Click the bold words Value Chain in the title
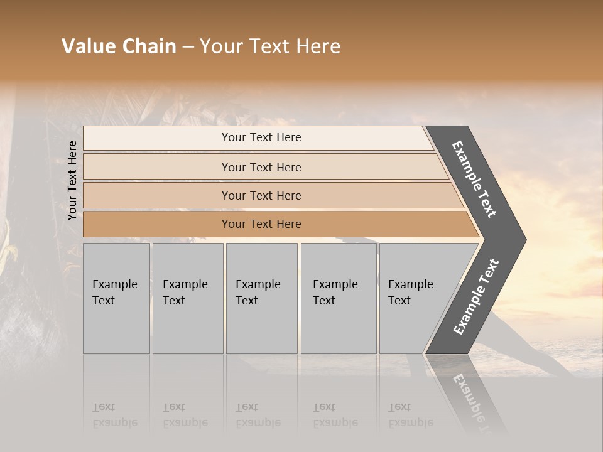tap(119, 46)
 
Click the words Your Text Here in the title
tap(270, 46)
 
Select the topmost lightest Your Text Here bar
tap(261, 137)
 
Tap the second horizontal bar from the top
tap(261, 167)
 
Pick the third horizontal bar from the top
tap(261, 195)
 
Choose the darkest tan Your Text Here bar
tap(261, 224)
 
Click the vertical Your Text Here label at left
tap(72, 180)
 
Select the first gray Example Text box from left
tap(116, 298)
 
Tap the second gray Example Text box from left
tap(187, 298)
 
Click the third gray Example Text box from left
tap(261, 298)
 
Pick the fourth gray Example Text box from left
tap(338, 298)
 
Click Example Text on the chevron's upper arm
tap(474, 179)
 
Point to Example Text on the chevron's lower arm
tap(476, 296)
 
